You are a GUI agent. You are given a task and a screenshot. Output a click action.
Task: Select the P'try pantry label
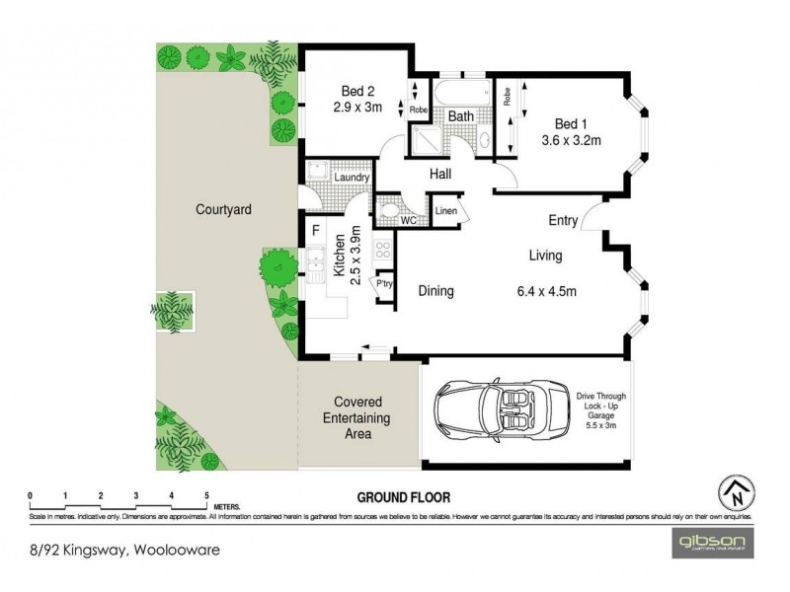tap(383, 283)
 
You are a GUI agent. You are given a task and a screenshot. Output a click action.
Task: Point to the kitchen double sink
tap(317, 264)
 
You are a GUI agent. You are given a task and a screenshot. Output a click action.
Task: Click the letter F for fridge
tap(315, 232)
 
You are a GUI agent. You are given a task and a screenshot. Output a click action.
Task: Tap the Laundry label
tap(352, 178)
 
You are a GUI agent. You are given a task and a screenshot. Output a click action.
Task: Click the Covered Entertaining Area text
tap(360, 418)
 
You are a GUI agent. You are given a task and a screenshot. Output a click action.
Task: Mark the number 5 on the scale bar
tap(205, 495)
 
